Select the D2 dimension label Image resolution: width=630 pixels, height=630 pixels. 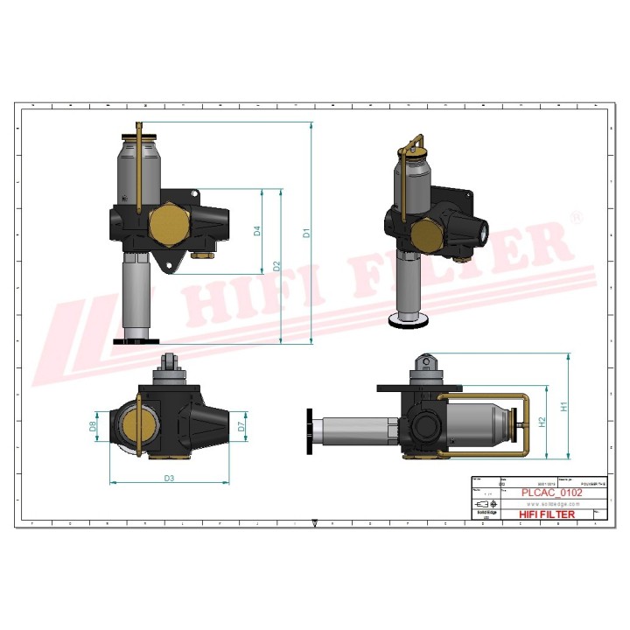276,265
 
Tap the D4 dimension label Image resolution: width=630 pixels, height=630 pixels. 257,232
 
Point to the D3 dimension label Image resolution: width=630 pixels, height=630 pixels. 170,478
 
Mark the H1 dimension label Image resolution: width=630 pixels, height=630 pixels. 564,406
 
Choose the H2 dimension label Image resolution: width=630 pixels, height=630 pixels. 542,423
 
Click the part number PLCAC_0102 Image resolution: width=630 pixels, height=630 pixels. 551,493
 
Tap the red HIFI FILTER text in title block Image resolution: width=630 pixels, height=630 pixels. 547,514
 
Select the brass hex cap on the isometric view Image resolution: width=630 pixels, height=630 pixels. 426,234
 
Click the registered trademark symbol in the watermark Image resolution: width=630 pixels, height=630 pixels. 576,216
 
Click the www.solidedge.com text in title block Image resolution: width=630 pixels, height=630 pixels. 551,505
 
